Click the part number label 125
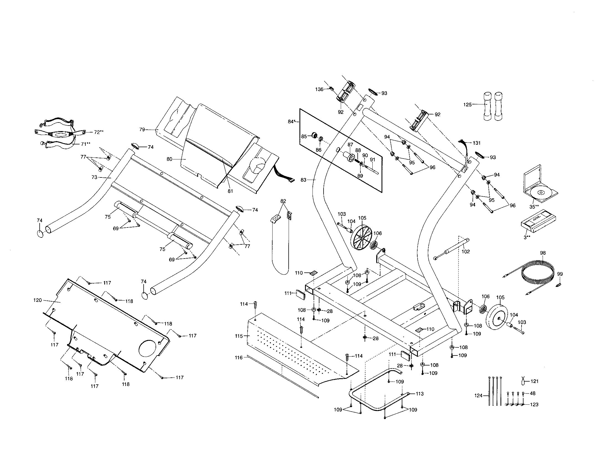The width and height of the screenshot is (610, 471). coord(467,105)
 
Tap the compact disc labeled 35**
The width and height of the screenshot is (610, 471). coord(540,192)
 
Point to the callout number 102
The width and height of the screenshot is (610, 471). coord(466,251)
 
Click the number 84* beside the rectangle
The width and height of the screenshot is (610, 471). coord(292,122)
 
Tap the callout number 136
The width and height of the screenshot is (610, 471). coord(319,89)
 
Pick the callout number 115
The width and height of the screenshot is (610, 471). coord(239,336)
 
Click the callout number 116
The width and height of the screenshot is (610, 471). coord(239,357)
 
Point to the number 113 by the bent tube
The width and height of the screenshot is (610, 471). coord(420,394)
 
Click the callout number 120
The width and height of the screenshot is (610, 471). coord(37,300)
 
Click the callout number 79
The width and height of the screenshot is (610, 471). coord(142,129)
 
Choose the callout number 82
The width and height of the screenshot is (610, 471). coord(283,201)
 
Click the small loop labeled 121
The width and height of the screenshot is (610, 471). coord(523,380)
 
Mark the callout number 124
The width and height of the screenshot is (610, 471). coord(479,395)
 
